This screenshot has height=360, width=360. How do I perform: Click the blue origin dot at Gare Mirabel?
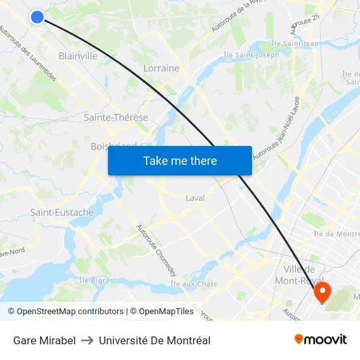[37, 17]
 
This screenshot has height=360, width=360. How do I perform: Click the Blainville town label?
[78, 56]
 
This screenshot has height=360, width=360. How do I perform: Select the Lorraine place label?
[161, 68]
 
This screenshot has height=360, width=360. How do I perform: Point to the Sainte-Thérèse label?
[116, 118]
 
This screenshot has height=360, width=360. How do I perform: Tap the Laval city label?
[195, 198]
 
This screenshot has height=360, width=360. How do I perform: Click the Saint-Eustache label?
[62, 213]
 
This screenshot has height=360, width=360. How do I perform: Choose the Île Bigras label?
[96, 280]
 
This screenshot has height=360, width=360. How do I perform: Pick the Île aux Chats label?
[193, 283]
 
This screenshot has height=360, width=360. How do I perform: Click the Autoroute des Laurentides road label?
[28, 54]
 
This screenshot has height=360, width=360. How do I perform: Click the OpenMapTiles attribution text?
[161, 312]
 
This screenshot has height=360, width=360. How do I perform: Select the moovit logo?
[321, 340]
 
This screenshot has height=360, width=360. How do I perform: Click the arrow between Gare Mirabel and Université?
[87, 340]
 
